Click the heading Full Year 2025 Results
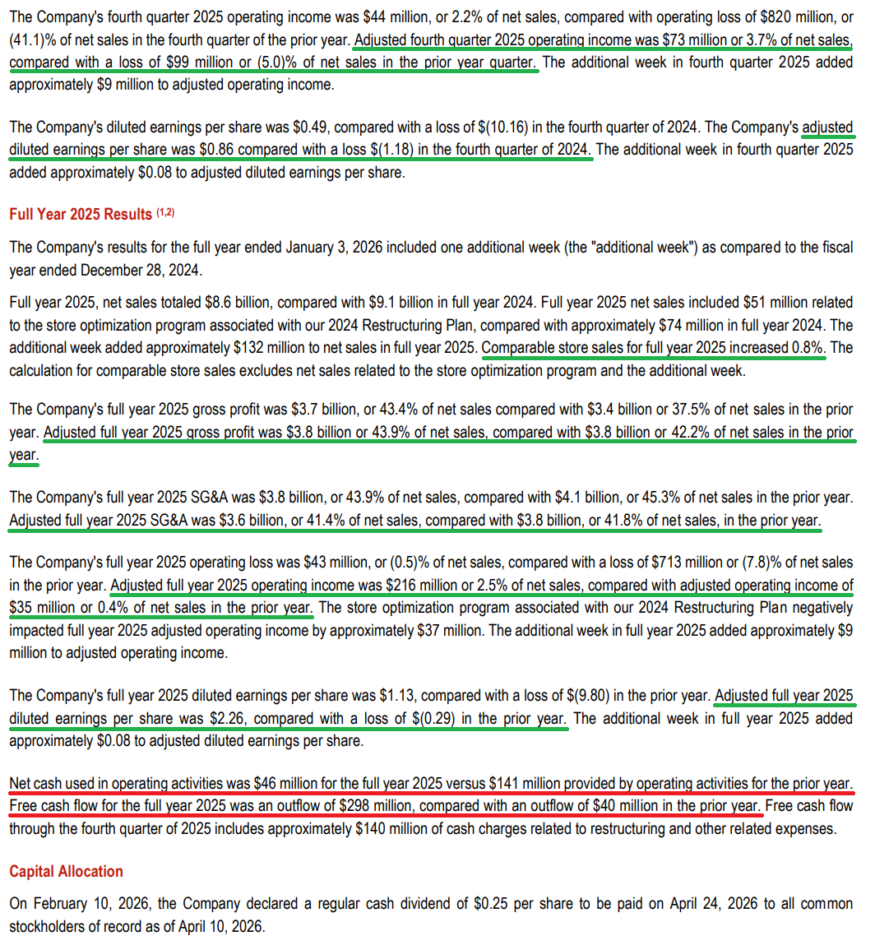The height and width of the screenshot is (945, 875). point(81,214)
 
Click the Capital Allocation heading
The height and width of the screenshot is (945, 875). point(66,871)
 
